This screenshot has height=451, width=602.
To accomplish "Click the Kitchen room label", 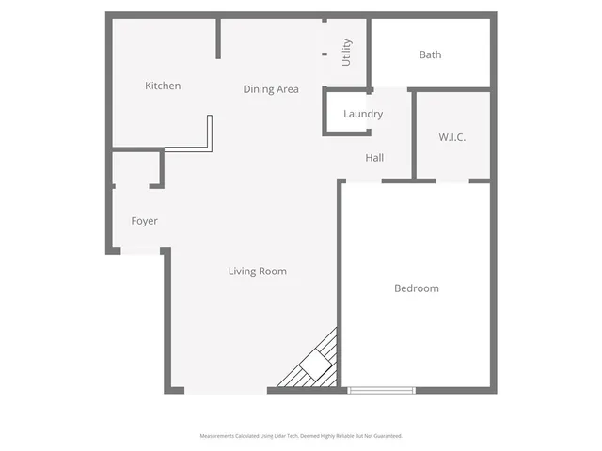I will click(163, 86).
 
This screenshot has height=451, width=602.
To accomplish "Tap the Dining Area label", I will click(271, 89).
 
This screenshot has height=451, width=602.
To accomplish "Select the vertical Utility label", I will click(347, 51).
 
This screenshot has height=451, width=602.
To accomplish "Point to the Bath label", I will click(430, 54).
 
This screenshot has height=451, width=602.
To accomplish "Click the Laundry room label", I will click(363, 115).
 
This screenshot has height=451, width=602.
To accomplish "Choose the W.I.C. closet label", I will click(452, 137).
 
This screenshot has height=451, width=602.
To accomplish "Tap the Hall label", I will click(374, 158).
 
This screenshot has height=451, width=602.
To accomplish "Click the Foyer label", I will click(144, 221).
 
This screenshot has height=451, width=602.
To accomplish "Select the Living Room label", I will click(257, 272).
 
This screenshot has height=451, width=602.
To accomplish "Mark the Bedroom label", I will click(416, 288).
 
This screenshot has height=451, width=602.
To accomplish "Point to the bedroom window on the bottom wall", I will click(381, 389).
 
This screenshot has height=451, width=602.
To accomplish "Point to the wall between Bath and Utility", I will click(369, 52).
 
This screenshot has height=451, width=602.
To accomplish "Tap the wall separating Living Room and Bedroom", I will click(340, 272).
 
